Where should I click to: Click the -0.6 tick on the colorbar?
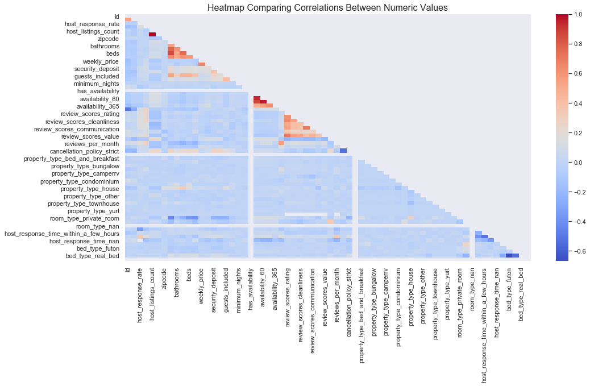pos(572,251)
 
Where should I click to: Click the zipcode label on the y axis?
pos(108,39)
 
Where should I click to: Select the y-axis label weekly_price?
pos(101,61)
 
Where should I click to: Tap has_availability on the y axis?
pos(98,91)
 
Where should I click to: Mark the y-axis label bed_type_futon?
pos(98,248)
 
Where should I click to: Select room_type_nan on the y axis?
pos(98,226)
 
